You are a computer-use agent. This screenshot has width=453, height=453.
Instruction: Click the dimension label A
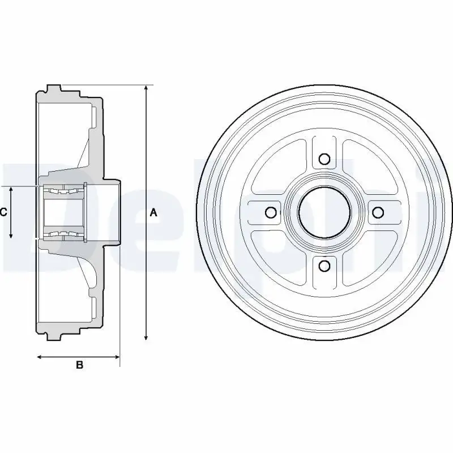(153, 213)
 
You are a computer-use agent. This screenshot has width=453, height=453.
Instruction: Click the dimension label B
(79, 365)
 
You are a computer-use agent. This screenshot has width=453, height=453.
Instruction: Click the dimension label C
(3, 212)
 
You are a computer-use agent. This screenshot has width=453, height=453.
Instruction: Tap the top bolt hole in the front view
(324, 159)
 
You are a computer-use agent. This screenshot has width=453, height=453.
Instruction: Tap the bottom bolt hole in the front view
(324, 265)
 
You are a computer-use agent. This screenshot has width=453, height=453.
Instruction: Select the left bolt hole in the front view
(271, 213)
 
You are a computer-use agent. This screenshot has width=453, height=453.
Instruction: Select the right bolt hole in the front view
(378, 212)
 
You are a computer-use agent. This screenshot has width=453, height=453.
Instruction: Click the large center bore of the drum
(324, 213)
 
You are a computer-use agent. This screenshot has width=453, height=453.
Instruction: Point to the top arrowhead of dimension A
(146, 88)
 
